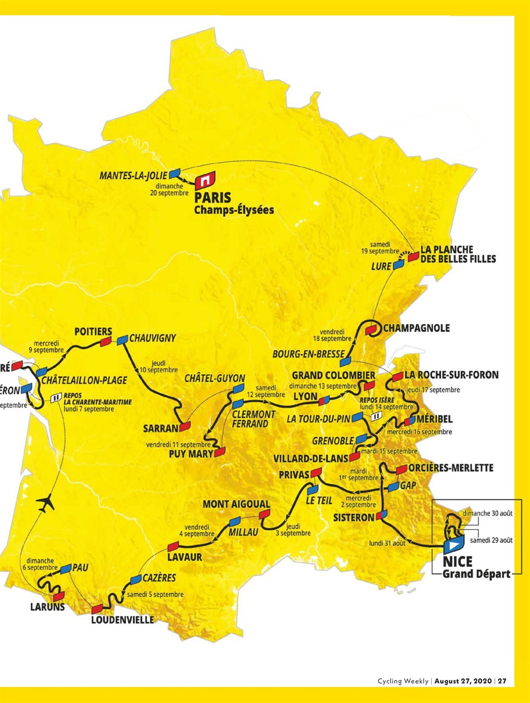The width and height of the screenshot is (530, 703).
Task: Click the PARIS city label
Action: (x=213, y=197)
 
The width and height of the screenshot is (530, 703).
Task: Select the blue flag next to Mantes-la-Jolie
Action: (x=175, y=173)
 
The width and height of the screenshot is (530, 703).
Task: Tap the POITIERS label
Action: (x=93, y=332)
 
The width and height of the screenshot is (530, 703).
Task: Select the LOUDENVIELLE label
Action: (x=122, y=620)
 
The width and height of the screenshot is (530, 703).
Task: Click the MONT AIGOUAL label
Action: (x=236, y=504)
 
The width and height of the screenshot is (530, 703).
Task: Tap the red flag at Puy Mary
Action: (x=219, y=452)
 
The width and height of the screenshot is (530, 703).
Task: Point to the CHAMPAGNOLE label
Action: (x=416, y=328)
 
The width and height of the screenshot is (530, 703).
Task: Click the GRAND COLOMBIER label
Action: (x=334, y=375)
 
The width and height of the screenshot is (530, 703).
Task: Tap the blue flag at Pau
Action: (x=66, y=568)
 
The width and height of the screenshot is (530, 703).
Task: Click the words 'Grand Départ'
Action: (x=476, y=574)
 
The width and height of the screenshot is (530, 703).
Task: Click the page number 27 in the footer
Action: (x=502, y=681)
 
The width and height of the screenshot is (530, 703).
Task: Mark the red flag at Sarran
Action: (x=185, y=426)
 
